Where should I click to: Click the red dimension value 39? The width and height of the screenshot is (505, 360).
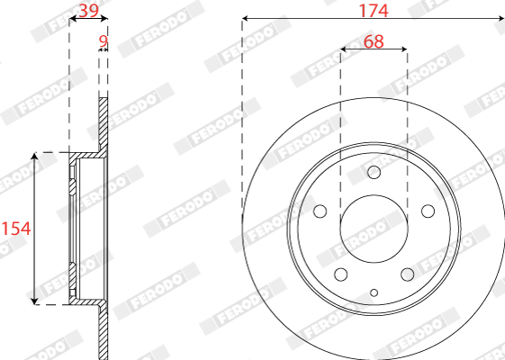pos(88,11)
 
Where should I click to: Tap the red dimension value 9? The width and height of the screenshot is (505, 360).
pos(103,41)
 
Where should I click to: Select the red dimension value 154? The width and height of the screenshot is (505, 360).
pos(16,229)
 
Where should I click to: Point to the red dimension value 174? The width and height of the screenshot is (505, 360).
pos(374,11)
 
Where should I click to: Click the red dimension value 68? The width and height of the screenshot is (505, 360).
pos(374,42)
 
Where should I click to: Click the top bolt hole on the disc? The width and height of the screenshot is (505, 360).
pos(374,172)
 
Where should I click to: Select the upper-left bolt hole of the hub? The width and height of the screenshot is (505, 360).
pos(320,211)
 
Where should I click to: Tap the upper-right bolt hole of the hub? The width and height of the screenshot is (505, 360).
pos(428,211)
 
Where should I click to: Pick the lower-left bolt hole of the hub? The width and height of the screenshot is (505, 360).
pos(341,274)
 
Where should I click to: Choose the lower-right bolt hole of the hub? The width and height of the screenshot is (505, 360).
pos(408,274)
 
